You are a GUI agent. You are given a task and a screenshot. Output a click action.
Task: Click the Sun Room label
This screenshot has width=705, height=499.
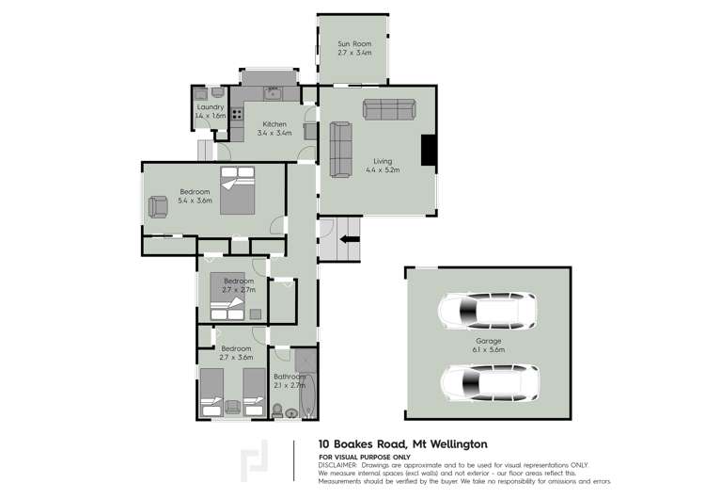[354, 43]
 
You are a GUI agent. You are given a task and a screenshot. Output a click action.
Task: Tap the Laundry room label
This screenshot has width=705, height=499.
[211, 107]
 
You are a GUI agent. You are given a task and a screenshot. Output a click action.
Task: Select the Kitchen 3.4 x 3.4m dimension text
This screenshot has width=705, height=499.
[274, 133]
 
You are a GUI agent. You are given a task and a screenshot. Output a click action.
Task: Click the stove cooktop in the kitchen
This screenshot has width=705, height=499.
[237, 114]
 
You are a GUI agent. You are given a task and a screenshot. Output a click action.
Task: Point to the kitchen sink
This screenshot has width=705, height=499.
[272, 93]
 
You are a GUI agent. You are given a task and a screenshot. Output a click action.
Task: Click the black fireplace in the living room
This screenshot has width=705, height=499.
[428, 150]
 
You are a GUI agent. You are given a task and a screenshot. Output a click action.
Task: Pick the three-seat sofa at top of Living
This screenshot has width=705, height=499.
[389, 109]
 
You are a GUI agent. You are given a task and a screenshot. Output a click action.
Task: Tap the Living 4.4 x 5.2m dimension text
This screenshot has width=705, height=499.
[383, 169]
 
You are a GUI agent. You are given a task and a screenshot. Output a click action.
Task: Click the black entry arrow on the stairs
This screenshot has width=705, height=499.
[350, 239]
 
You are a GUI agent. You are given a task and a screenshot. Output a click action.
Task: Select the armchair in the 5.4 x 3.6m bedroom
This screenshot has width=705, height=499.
[158, 207]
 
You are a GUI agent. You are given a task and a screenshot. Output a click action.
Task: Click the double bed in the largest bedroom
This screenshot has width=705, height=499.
[238, 190]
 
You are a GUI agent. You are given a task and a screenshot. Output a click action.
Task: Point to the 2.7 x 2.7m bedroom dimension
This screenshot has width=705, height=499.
[239, 290]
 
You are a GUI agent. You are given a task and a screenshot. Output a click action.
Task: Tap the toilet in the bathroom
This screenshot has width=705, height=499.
[277, 410]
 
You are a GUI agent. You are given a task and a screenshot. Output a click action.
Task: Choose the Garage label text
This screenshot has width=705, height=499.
[489, 341]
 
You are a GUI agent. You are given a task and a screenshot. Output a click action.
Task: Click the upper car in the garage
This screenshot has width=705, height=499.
[487, 312]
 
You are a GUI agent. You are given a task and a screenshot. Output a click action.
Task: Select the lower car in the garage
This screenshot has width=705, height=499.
[490, 383]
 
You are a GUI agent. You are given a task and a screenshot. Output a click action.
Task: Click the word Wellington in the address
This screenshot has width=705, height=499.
[459, 444]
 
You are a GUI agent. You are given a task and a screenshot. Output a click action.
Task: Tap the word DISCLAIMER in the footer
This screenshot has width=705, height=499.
[337, 465]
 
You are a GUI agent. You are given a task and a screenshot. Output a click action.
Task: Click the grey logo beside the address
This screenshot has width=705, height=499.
[255, 460]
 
